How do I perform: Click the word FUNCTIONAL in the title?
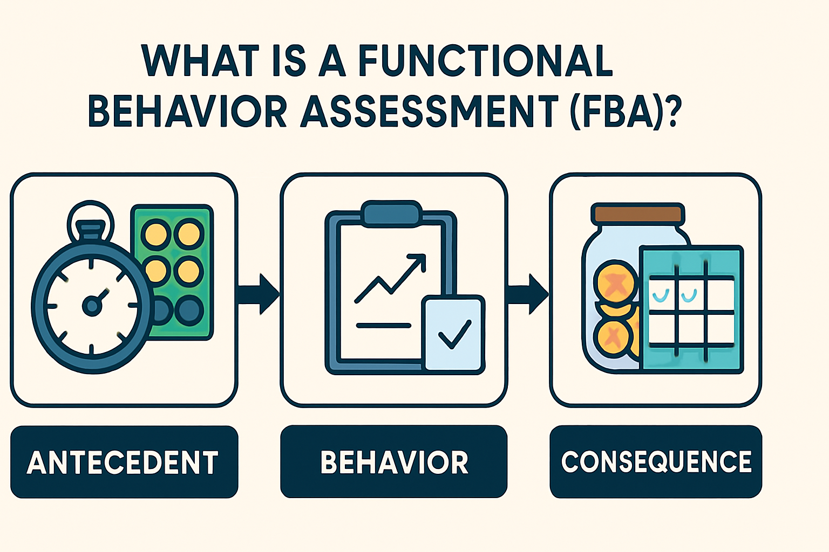tap(486, 60)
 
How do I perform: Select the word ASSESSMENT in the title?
tap(429, 112)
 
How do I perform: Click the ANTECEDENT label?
tap(123, 463)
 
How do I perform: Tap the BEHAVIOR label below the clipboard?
tap(394, 463)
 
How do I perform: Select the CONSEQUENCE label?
tap(656, 462)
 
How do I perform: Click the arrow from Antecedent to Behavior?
tap(259, 294)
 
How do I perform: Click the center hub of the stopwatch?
tap(91, 306)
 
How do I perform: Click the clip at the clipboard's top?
tap(391, 212)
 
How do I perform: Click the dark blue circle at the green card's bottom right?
tap(189, 310)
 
